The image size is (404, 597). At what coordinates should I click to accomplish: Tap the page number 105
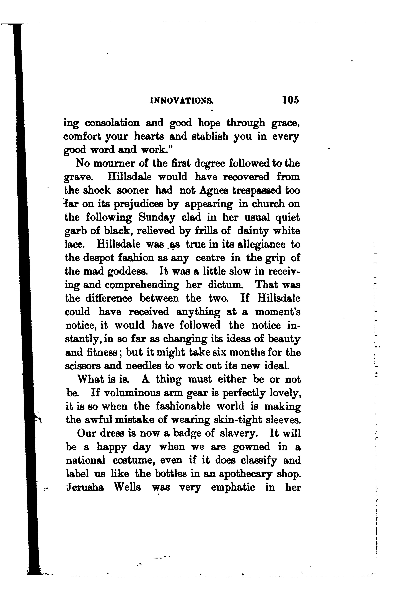pyautogui.click(x=291, y=100)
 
